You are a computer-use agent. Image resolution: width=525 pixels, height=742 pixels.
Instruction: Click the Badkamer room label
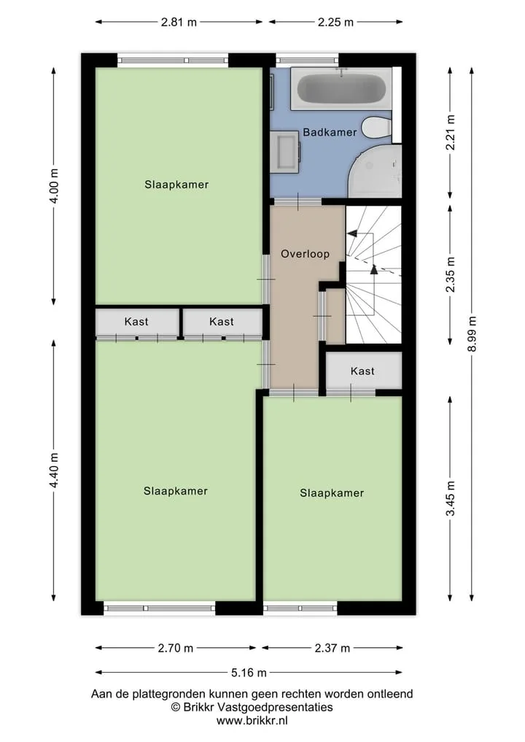pyautogui.click(x=330, y=132)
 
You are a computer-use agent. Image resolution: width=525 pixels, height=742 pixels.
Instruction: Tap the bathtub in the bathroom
pyautogui.click(x=341, y=88)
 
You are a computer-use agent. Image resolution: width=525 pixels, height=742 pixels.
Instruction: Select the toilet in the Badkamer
pyautogui.click(x=377, y=128)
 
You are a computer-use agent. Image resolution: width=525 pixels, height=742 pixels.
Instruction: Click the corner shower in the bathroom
pyautogui.click(x=375, y=171)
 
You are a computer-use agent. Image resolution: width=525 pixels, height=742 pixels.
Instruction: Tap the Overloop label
pyautogui.click(x=305, y=254)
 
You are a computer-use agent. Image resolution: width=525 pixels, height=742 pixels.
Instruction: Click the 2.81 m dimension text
pyautogui.click(x=179, y=22)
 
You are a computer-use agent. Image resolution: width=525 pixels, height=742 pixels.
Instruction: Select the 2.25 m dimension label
pyautogui.click(x=335, y=22)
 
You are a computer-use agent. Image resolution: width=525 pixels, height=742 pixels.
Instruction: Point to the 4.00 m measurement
pyautogui.click(x=54, y=186)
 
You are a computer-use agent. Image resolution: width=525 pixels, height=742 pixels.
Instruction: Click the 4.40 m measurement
pyautogui.click(x=54, y=471)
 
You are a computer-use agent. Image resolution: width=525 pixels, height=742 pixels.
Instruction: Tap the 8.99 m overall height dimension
pyautogui.click(x=472, y=334)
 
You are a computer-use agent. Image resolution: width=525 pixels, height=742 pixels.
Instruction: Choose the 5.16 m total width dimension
pyautogui.click(x=249, y=673)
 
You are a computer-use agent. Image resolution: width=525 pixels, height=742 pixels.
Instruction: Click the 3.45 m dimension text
pyautogui.click(x=451, y=499)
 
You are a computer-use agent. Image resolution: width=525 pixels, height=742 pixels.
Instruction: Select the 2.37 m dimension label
pyautogui.click(x=332, y=648)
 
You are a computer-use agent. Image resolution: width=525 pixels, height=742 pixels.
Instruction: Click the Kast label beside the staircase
pyautogui.click(x=362, y=371)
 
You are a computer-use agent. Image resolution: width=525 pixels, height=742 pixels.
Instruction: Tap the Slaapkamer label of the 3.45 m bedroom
pyautogui.click(x=332, y=493)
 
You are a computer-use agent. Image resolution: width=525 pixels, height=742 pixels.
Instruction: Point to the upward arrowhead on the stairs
pyautogui.click(x=374, y=269)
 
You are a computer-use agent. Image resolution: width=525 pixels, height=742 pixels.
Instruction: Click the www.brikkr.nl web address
pyautogui.click(x=252, y=721)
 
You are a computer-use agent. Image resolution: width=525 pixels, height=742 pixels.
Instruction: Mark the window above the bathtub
pyautogui.click(x=308, y=60)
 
